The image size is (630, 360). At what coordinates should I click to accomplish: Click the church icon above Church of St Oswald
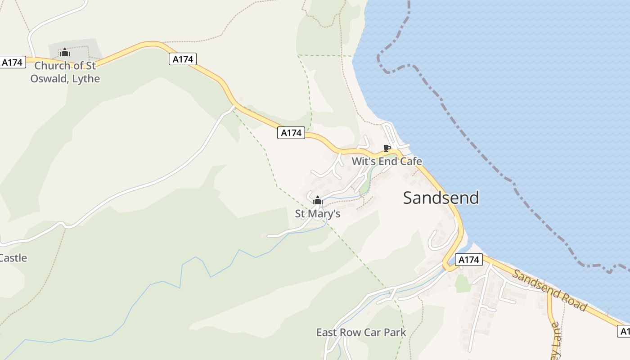[65, 53]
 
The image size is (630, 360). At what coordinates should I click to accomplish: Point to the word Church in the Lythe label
[52, 66]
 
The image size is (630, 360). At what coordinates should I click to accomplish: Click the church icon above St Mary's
[318, 200]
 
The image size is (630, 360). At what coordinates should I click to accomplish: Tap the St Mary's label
[317, 214]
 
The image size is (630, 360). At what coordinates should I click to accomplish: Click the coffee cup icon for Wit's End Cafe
[386, 148]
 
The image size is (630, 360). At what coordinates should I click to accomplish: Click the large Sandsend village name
[441, 198]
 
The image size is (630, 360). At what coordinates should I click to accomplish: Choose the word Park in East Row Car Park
[395, 333]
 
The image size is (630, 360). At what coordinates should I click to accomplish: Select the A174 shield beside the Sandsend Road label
[468, 260]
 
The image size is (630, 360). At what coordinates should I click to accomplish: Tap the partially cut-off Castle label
[13, 258]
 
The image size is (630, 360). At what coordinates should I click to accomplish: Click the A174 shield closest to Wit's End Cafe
[291, 133]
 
